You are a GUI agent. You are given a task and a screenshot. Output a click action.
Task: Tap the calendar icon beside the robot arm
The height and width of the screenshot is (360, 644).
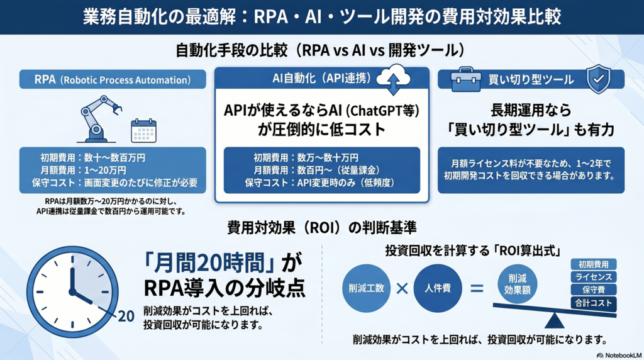tap(143, 130)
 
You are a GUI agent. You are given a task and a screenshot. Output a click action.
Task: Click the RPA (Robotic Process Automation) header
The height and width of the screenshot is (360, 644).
tap(113, 80)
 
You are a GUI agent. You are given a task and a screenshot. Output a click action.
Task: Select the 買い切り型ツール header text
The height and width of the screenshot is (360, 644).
tap(531, 80)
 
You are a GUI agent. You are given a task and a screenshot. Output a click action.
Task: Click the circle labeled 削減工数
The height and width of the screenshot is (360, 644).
tap(367, 289)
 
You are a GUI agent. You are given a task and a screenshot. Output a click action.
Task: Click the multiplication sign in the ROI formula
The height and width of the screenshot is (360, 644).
tap(402, 289)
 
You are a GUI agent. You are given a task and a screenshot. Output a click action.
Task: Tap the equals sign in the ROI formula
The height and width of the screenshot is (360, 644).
tap(477, 289)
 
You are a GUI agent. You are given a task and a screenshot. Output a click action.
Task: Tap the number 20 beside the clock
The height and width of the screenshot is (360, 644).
tap(126, 316)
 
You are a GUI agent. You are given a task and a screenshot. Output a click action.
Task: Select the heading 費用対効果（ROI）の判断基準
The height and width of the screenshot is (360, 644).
tap(323, 226)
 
